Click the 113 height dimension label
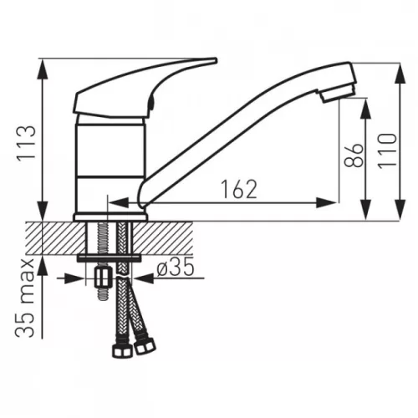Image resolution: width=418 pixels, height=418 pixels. tap(27, 143)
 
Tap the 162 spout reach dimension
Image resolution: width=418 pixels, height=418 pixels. tap(239, 190)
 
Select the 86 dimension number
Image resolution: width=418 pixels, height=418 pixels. tap(354, 155)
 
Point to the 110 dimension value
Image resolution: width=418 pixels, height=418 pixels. tap(387, 150)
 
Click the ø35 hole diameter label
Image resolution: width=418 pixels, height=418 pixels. tap(175, 268)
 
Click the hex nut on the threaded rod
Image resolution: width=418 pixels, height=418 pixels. tap(104, 277)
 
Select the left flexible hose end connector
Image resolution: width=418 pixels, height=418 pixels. tap(121, 350)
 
